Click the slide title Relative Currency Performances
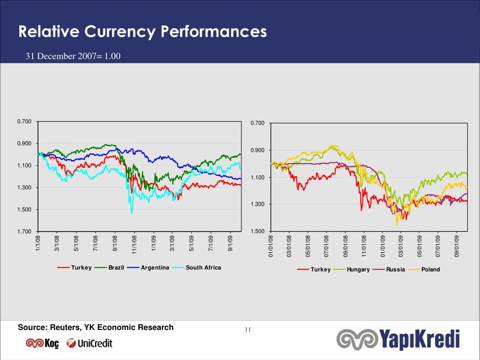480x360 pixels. tap(142, 32)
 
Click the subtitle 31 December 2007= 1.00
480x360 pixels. tap(73, 56)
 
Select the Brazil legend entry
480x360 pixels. tap(109, 268)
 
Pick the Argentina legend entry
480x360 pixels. tap(148, 268)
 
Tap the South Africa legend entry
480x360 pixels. tap(196, 268)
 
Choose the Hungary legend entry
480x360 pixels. tap(352, 270)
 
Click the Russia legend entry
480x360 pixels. tap(389, 270)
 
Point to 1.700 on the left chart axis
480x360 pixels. tap(24, 232)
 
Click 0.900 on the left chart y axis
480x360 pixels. tap(24, 143)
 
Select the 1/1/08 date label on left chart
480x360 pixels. tap(38, 243)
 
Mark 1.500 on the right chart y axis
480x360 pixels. tap(258, 231)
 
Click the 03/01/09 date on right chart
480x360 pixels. tap(401, 246)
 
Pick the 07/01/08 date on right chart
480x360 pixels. tap(327, 246)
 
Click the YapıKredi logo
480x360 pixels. tap(398, 339)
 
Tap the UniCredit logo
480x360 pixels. tap(90, 343)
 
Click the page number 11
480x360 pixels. tap(248, 330)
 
